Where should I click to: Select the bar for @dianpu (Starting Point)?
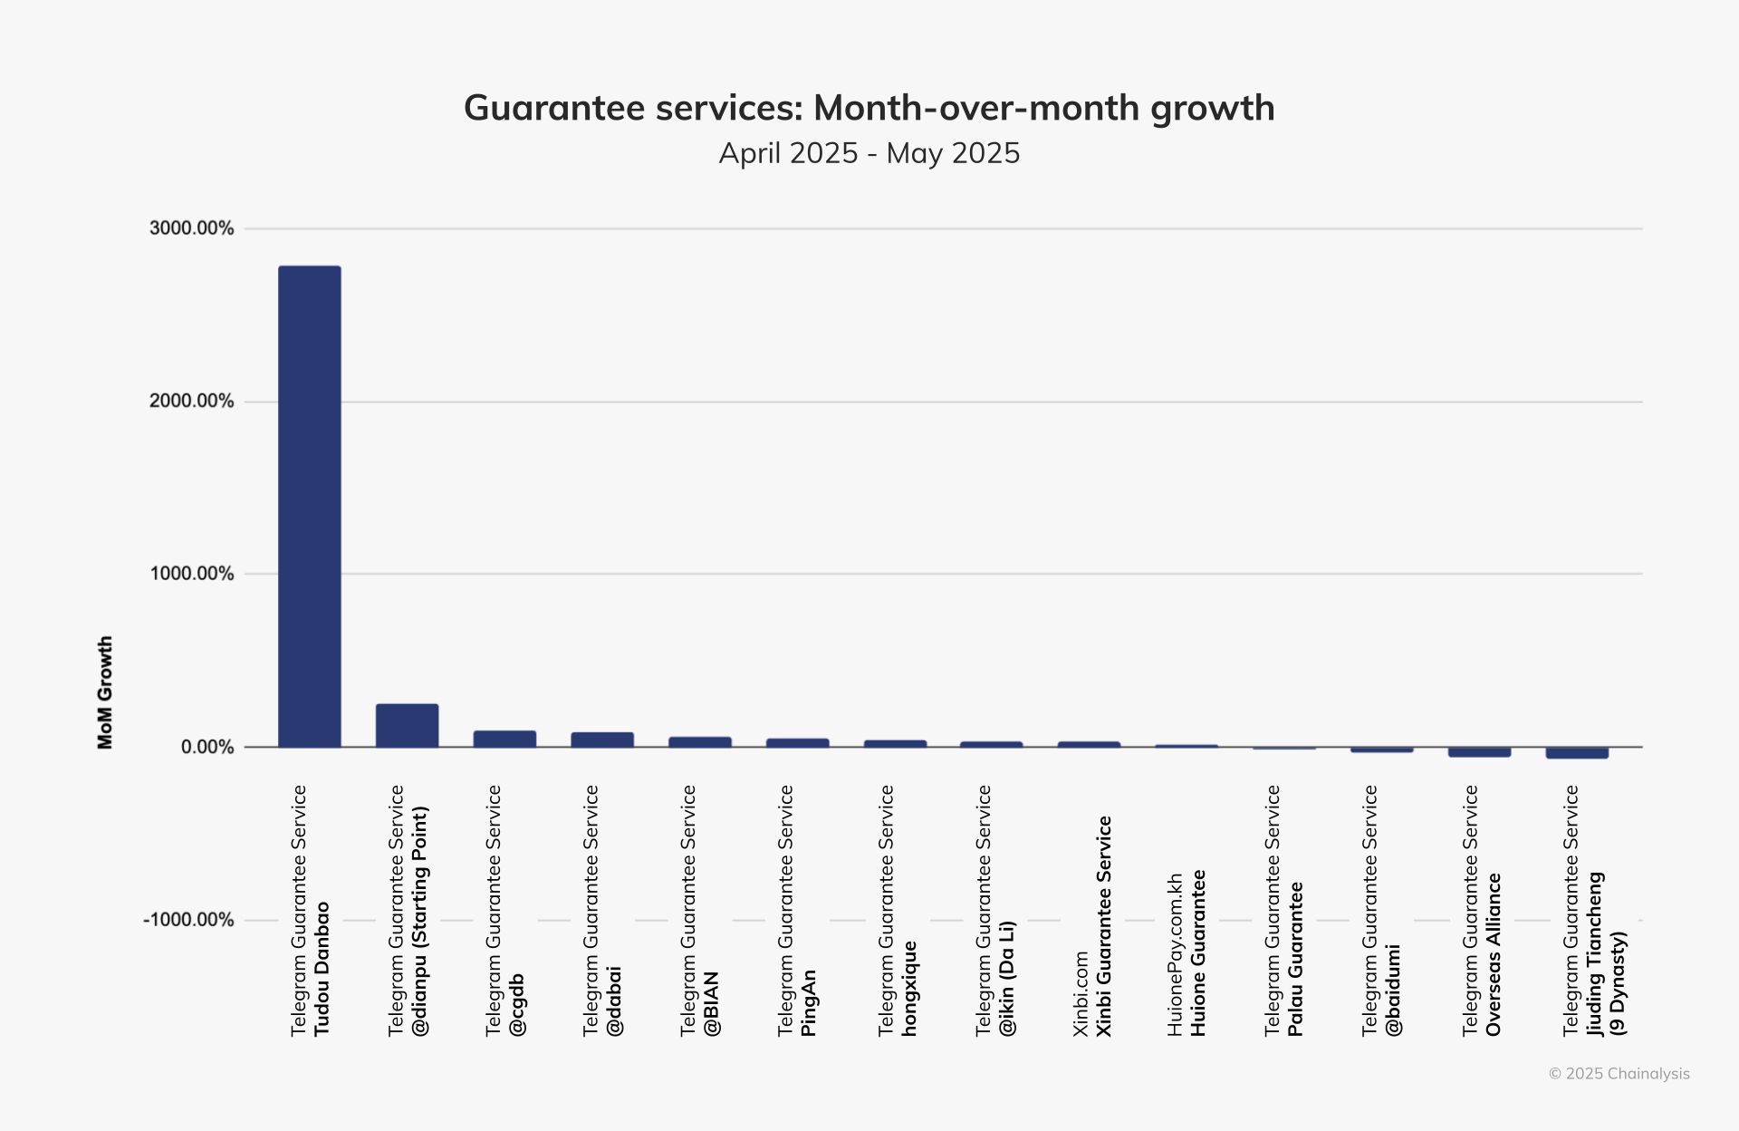[407, 725]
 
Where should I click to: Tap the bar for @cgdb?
[504, 739]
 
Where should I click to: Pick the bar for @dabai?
[602, 739]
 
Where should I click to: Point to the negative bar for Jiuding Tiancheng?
[1577, 753]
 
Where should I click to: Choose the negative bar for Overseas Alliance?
[1479, 752]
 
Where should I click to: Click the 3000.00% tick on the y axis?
[191, 228]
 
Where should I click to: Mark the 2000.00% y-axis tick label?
[191, 401]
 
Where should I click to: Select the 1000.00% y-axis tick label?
[191, 574]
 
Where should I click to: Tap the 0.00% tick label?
[207, 747]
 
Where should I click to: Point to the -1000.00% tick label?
[188, 920]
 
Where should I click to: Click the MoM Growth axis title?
[105, 692]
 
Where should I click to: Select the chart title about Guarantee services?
[869, 108]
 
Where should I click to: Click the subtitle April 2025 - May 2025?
[869, 153]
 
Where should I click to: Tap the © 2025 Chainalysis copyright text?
[1619, 1074]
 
